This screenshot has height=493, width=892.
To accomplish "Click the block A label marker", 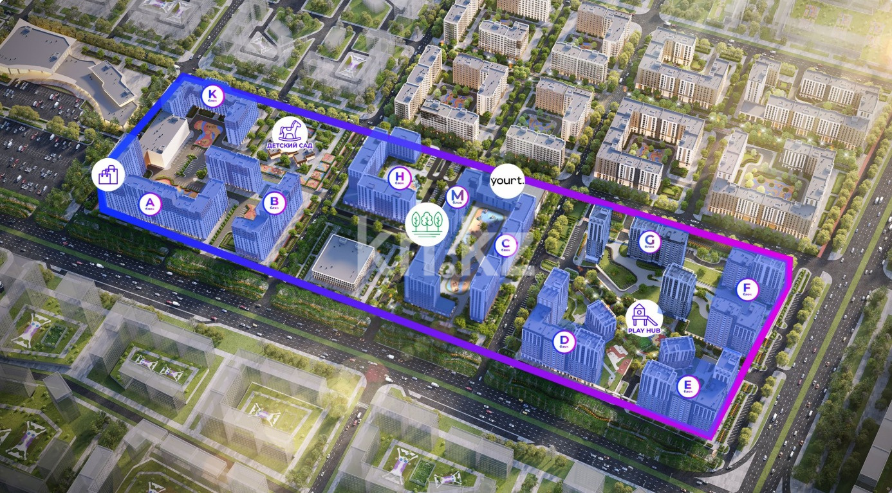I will point(153,205).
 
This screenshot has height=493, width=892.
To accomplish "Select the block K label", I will point(212,97).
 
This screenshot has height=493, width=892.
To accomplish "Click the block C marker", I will point(506,244).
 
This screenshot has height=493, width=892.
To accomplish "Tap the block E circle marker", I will point(688,387).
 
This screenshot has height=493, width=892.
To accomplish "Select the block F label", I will point(747,290).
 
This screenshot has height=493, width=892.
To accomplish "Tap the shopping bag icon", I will point(108,175).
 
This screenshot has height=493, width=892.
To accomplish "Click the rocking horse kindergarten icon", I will point(287,130).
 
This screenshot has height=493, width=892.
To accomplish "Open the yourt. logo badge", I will point(508,181).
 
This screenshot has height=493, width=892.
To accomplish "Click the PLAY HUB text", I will point(644,330).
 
